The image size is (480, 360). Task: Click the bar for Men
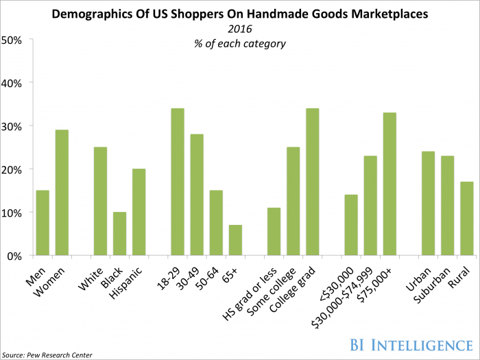point(43,223)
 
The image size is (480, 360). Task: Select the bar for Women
point(62,193)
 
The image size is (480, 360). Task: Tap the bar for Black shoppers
point(120,234)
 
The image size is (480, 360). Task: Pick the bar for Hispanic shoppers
point(139,212)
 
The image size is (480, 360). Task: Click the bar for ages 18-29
point(178,182)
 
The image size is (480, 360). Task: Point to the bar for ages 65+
point(235,240)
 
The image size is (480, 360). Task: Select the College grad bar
point(313,182)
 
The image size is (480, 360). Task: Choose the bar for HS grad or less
point(274,232)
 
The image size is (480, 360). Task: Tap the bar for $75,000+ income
point(389,184)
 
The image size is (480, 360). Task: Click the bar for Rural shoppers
point(466,219)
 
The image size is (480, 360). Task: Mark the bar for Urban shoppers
point(429,203)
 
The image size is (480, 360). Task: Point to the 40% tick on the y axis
point(31,82)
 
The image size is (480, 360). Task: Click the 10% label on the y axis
point(12,213)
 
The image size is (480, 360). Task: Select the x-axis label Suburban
point(432,285)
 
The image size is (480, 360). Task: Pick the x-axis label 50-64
point(208,278)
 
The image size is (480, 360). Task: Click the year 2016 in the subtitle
point(240,29)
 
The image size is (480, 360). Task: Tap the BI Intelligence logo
point(411,345)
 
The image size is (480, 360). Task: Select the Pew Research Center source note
point(47,355)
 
